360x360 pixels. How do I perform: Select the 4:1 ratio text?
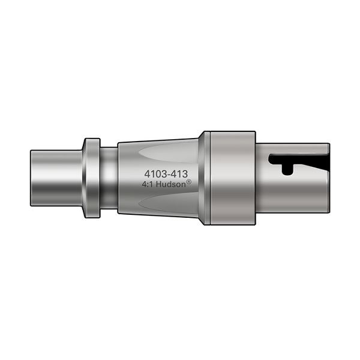pyautogui.click(x=148, y=185)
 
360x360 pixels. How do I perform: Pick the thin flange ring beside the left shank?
pyautogui.click(x=91, y=178)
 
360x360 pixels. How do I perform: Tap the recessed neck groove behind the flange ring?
pyautogui.click(x=109, y=178)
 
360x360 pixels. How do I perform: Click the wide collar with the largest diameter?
pyautogui.click(x=231, y=178)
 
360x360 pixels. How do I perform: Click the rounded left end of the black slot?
pyautogui.click(x=273, y=160)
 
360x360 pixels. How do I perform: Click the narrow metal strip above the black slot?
pyautogui.click(x=294, y=149)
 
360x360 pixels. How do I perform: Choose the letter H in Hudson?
pyautogui.click(x=160, y=185)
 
